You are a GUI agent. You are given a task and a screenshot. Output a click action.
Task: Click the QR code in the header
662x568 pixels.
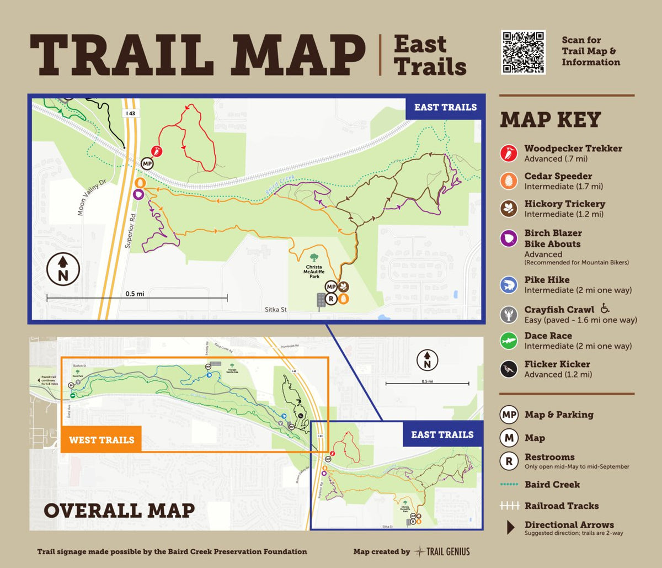[523, 52]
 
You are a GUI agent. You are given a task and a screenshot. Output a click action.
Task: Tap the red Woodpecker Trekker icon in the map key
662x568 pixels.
[508, 153]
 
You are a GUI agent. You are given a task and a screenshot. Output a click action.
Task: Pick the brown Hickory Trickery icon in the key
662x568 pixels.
[508, 209]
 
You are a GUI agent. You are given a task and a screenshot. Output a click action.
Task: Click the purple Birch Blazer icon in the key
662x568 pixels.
[508, 238]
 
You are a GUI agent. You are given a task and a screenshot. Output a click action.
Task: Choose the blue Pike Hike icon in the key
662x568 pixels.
[508, 285]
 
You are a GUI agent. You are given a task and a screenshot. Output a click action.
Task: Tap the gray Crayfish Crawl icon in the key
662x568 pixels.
[508, 314]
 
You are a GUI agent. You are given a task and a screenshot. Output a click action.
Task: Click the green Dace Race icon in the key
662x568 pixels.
[508, 341]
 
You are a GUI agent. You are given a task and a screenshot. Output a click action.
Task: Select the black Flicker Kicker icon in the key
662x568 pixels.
[508, 369]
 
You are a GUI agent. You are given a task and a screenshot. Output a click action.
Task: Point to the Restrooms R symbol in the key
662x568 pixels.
[508, 460]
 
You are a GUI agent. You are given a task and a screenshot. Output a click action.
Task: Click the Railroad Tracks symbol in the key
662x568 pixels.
[510, 506]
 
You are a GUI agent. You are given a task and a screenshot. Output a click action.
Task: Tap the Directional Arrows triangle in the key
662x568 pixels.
[511, 528]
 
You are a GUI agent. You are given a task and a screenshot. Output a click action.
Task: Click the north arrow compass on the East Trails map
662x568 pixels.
[63, 269]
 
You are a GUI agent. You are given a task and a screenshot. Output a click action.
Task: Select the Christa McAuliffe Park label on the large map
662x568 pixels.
[314, 273]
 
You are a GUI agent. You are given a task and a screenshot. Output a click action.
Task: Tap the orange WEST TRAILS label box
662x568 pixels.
[101, 439]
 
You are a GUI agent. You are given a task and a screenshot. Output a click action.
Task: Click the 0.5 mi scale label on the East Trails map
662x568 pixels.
[134, 294]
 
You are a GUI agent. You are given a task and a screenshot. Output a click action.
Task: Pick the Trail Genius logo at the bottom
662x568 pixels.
[443, 551]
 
